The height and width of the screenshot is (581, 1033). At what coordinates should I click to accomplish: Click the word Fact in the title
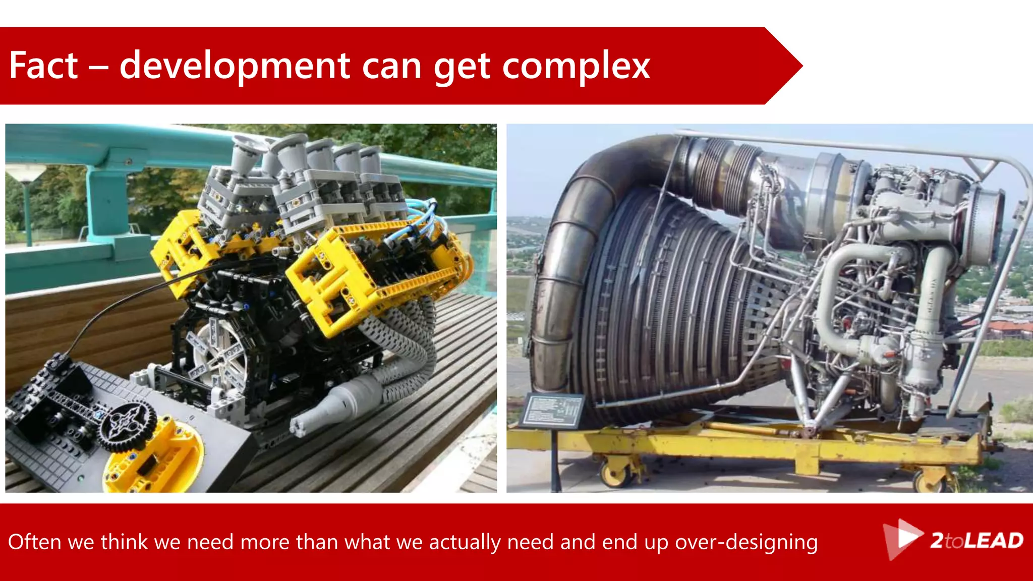43,66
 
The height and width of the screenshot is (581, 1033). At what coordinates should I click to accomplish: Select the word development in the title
235,67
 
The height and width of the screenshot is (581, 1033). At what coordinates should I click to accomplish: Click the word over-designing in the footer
746,542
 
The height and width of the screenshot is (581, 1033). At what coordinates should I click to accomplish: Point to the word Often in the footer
34,542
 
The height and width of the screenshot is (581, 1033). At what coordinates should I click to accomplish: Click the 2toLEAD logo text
977,541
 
